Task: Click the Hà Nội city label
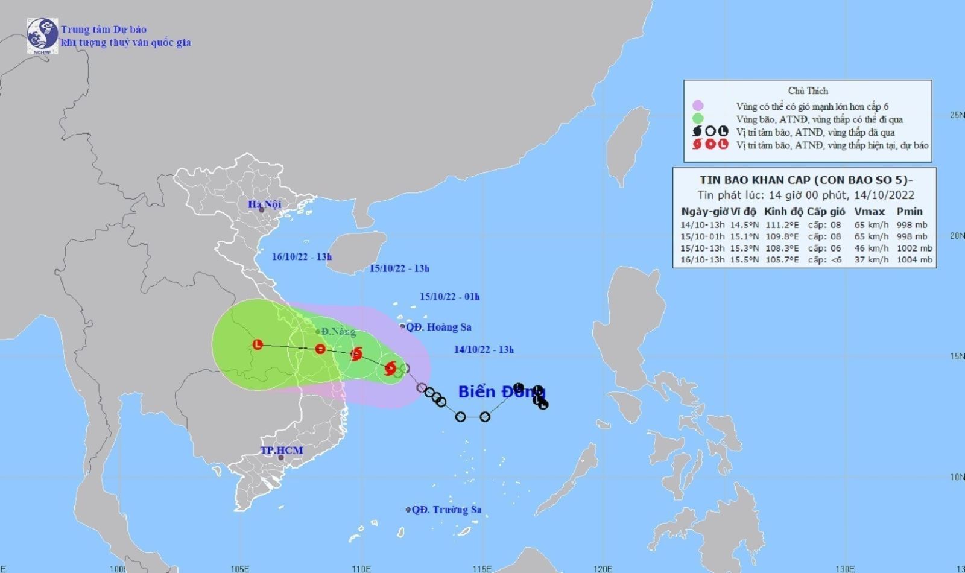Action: coord(264,204)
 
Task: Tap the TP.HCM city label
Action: coord(281,451)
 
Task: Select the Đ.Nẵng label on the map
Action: coord(338,332)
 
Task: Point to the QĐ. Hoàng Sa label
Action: coord(438,327)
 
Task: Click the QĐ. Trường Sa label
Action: coord(446,510)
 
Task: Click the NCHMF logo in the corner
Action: coord(42,36)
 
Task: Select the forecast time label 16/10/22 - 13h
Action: coord(302,256)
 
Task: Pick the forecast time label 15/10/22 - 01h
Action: coord(450,297)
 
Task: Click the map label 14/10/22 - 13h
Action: coord(484,349)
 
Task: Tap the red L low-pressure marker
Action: coord(258,345)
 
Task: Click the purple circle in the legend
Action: coord(698,106)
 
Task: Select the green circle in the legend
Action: coord(698,119)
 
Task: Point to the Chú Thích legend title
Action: coord(808,91)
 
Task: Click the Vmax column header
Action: coord(869,212)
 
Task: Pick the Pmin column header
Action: coord(910,212)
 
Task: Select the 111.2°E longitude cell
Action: coord(782,225)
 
